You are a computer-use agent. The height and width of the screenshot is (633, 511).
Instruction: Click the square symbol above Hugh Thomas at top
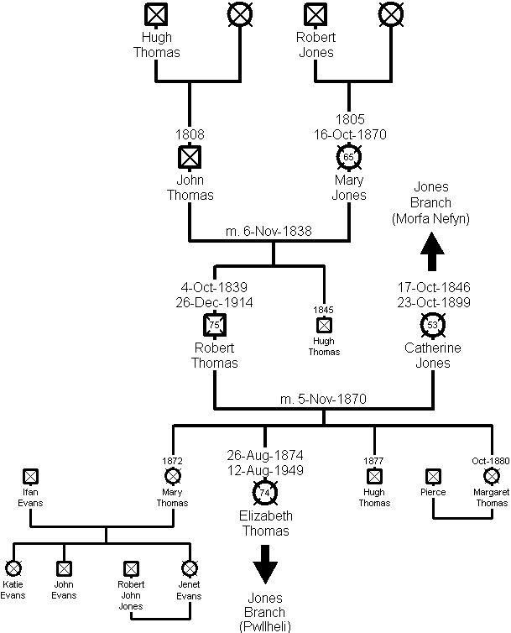[157, 15]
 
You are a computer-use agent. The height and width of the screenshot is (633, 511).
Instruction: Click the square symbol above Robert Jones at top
[315, 15]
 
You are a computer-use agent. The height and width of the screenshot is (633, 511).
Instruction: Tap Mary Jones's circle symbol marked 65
[349, 157]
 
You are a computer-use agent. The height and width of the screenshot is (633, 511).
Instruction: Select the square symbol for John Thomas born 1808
[191, 157]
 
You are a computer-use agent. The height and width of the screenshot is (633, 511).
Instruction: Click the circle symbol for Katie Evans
[13, 569]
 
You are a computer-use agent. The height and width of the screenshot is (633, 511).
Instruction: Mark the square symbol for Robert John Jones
[131, 569]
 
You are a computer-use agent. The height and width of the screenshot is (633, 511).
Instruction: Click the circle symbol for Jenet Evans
[189, 569]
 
